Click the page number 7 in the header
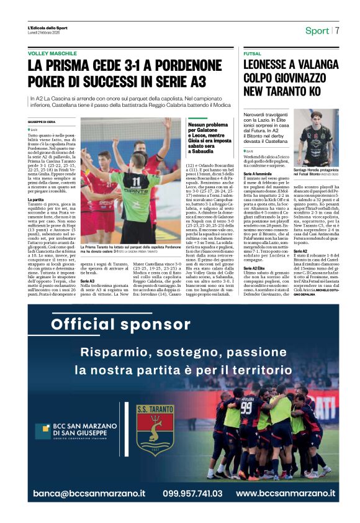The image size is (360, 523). (x=338, y=30)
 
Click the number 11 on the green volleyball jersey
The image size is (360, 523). (x=134, y=181)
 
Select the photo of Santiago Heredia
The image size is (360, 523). (x=318, y=138)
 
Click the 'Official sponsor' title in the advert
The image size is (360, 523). (x=112, y=324)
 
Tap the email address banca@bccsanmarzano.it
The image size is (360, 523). (x=89, y=493)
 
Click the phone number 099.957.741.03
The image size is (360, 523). (x=193, y=493)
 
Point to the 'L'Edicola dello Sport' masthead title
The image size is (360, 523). (x=47, y=29)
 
